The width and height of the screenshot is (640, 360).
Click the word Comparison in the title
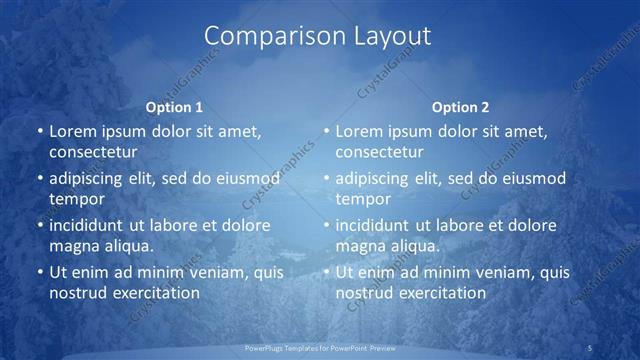click(x=266, y=37)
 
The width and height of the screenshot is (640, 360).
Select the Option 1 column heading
click(x=174, y=107)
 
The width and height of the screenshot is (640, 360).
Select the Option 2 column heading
click(x=460, y=107)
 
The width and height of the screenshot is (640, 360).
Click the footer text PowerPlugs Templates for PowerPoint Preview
click(x=320, y=347)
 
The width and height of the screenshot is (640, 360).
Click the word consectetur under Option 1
click(x=93, y=152)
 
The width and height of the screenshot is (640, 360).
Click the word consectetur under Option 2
click(x=379, y=152)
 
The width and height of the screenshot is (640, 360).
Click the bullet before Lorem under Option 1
click(x=38, y=132)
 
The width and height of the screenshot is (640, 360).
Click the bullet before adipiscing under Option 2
click(x=324, y=179)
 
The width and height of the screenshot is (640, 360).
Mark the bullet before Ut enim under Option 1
click(x=38, y=272)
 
